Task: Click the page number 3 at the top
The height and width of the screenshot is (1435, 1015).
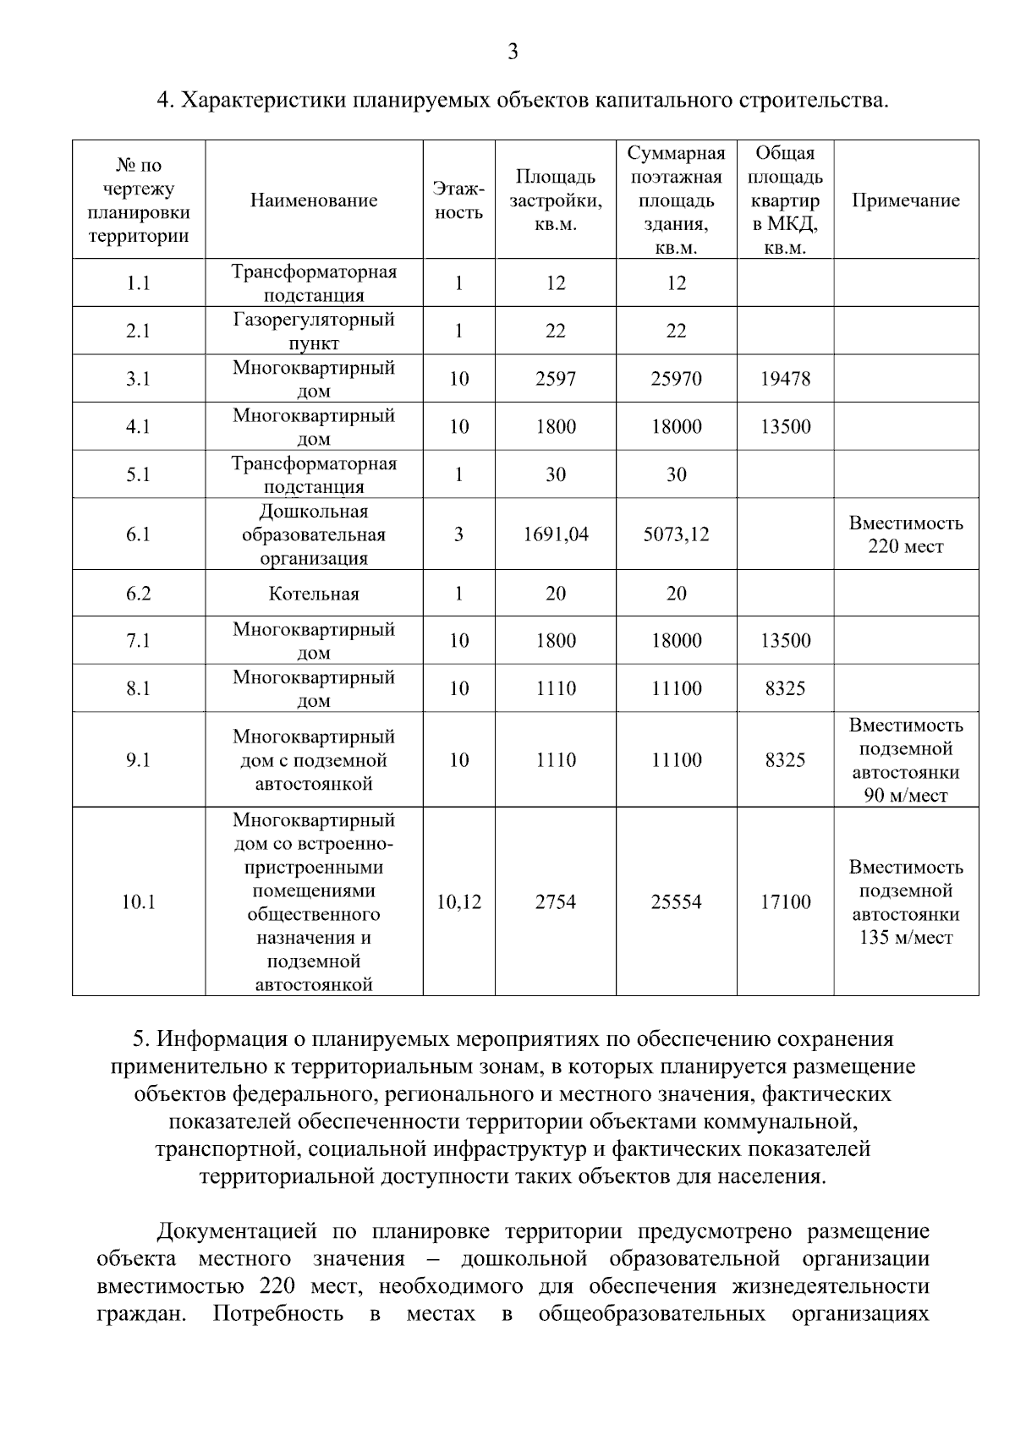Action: (x=512, y=52)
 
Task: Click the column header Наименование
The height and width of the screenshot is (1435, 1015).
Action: (x=313, y=200)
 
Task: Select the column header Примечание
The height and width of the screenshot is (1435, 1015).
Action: (x=905, y=200)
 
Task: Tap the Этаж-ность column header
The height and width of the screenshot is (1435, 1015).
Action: (x=458, y=200)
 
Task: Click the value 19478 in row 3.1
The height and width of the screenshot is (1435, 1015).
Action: (x=784, y=379)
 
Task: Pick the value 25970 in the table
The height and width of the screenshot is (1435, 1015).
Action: (x=676, y=379)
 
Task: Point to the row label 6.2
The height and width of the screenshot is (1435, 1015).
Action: (x=138, y=594)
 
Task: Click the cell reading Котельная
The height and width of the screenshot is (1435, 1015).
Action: (x=313, y=594)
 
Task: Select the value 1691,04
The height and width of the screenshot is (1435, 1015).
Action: (x=555, y=534)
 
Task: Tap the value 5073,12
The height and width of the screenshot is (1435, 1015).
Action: (x=676, y=534)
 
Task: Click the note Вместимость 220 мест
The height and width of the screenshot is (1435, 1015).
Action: (x=905, y=534)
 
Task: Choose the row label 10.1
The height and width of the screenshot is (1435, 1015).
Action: (x=138, y=902)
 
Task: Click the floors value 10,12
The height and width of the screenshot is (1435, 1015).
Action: (x=458, y=902)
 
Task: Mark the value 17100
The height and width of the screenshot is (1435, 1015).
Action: (x=784, y=902)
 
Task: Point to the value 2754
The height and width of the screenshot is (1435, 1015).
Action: (x=555, y=902)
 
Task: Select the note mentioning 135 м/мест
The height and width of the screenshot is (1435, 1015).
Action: (x=905, y=902)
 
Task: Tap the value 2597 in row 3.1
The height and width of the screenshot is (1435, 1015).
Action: (x=555, y=379)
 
